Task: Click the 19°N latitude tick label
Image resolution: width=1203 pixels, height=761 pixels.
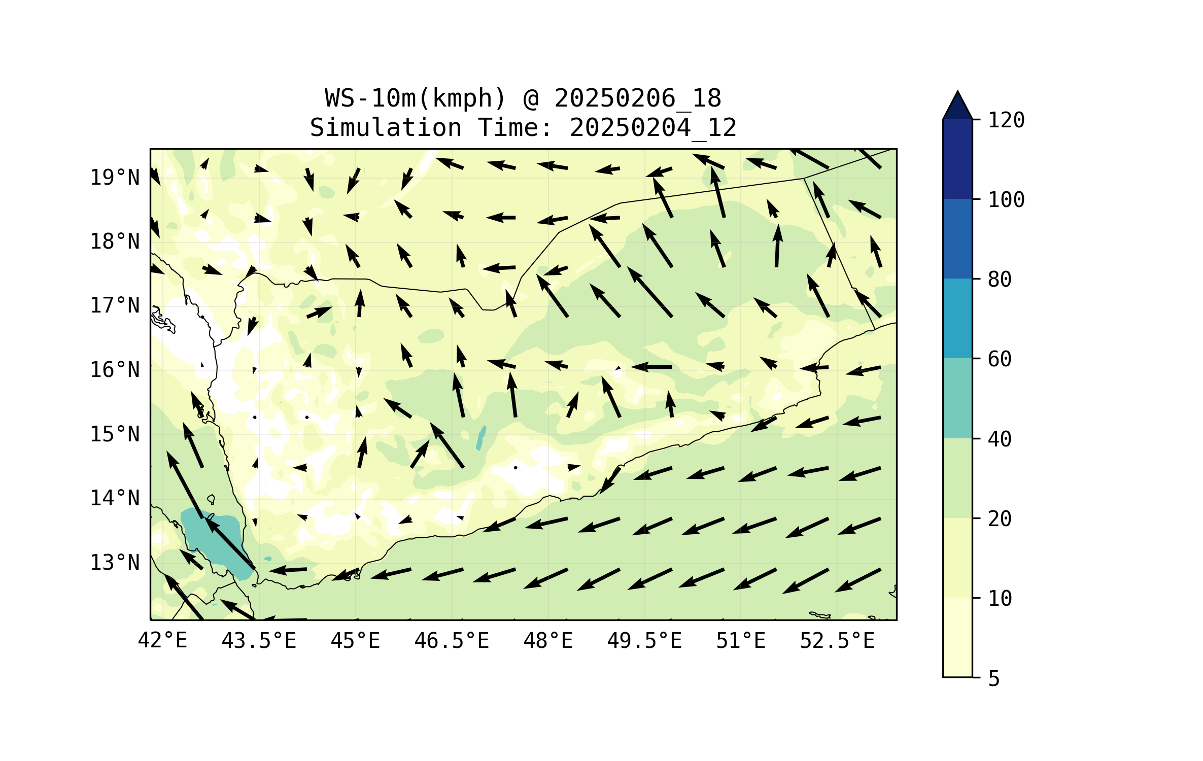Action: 115,178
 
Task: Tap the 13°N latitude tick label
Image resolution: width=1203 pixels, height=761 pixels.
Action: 115,563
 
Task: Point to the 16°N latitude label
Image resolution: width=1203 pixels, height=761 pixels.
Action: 115,370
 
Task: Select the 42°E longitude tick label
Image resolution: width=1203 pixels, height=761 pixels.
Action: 162,641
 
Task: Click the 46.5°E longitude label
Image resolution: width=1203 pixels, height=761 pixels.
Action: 452,641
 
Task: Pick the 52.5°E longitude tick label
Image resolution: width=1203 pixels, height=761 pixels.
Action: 837,641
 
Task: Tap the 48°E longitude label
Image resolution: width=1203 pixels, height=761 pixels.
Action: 548,641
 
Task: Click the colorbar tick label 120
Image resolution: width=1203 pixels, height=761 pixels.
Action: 1006,120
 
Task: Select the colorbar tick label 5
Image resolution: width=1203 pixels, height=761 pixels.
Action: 994,679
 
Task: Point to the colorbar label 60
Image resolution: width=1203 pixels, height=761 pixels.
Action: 1000,359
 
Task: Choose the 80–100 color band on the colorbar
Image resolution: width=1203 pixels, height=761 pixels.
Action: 957,238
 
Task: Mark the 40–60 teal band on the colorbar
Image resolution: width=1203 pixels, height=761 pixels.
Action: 957,398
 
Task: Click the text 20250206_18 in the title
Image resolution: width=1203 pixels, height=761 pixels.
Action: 637,98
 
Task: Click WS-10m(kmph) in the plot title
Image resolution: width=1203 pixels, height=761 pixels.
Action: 416,98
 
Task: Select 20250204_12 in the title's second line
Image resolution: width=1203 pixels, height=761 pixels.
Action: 652,128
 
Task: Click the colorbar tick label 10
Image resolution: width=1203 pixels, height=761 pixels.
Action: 1000,599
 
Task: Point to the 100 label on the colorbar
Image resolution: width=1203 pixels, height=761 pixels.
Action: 1006,200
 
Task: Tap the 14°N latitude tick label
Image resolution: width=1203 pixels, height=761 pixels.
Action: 115,498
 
